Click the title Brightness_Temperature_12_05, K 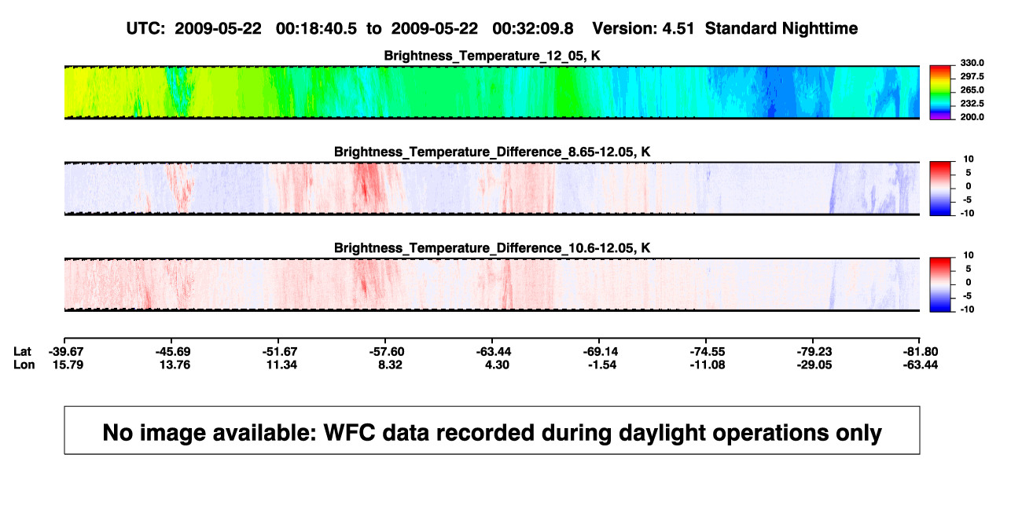492,56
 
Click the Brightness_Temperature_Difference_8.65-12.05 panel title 492,152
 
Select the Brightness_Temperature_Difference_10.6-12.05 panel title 492,248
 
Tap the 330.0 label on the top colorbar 972,63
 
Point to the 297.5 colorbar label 972,76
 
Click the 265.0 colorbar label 972,90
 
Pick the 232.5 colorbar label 972,104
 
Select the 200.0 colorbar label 972,117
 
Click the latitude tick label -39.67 66,352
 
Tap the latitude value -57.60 387,352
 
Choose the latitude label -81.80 921,352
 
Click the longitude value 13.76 175,365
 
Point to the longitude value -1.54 602,365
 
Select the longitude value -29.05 814,365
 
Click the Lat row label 22,352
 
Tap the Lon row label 24,365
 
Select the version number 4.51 678,29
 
